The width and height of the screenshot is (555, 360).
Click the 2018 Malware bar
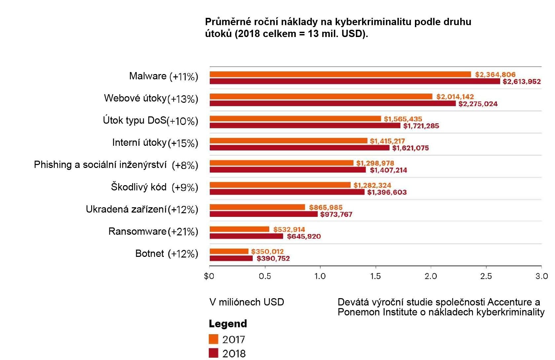(x=355, y=81)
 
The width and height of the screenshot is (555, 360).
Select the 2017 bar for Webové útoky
(x=321, y=97)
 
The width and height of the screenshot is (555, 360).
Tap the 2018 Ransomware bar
(x=246, y=236)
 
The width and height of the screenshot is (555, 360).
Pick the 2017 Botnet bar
(x=229, y=252)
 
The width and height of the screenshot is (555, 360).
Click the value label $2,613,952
(x=522, y=82)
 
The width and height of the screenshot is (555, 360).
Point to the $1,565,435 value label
(x=403, y=119)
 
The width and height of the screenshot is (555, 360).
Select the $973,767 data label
(x=336, y=215)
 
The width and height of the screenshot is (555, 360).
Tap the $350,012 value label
(x=267, y=252)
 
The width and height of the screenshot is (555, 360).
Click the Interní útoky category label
(x=139, y=142)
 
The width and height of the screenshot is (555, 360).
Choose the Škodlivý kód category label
(x=138, y=187)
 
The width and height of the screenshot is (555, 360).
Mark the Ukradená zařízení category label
(x=126, y=209)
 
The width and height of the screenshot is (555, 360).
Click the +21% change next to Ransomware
(x=183, y=232)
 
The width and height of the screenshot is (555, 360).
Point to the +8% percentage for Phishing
(x=185, y=165)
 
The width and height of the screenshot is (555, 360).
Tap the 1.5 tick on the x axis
(x=375, y=276)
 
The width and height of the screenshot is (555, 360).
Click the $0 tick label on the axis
(x=209, y=276)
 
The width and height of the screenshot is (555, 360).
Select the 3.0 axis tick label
(x=541, y=276)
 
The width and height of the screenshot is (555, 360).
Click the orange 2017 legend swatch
(x=213, y=339)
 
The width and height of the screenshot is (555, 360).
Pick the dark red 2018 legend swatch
(x=213, y=353)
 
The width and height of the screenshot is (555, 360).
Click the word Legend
(x=228, y=324)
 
